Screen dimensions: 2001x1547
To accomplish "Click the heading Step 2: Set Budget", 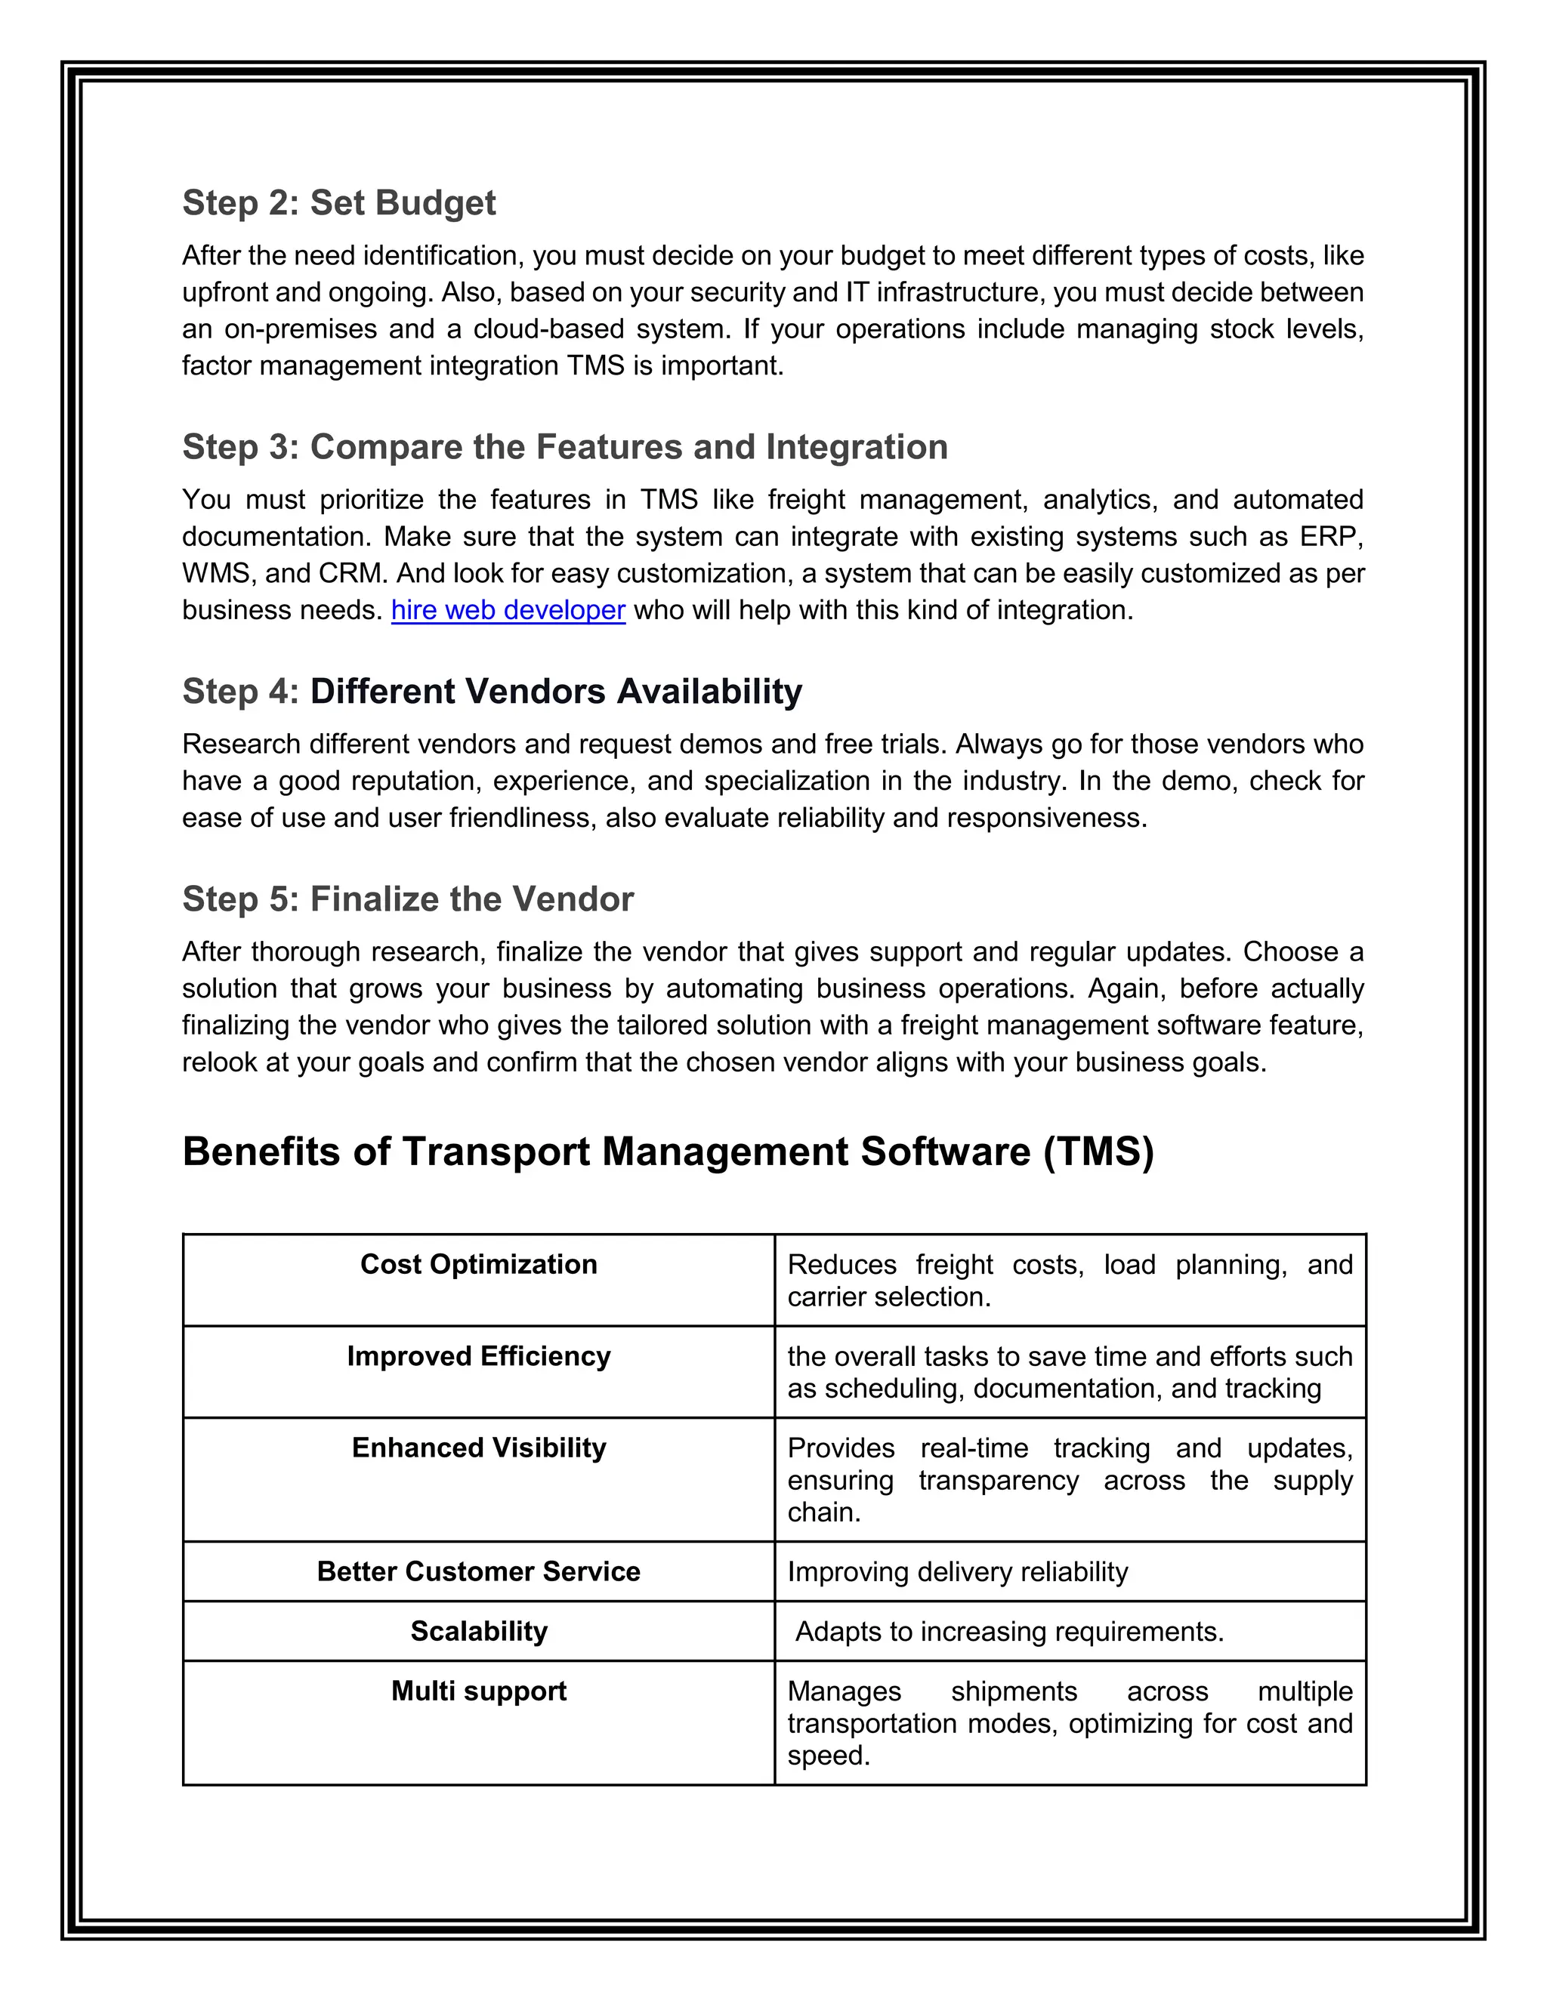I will tap(338, 202).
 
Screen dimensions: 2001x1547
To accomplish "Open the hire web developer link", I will tap(508, 610).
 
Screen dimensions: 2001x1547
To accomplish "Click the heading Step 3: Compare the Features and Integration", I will tap(564, 447).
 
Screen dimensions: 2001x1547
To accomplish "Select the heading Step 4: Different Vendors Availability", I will tap(493, 691).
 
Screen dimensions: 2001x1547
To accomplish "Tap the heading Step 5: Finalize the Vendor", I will tap(408, 899).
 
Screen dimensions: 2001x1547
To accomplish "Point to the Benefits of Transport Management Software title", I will tap(667, 1152).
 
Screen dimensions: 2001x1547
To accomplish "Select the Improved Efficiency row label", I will tap(478, 1356).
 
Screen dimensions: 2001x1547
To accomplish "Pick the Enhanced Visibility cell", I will tap(478, 1448).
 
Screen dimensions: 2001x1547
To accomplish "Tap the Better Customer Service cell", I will tap(478, 1571).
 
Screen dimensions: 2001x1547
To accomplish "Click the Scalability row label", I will tap(478, 1631).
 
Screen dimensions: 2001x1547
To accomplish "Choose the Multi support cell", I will tap(478, 1691).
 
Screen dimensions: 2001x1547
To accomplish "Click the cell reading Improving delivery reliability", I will tap(958, 1572).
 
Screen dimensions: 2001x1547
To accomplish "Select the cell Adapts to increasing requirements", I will tap(1009, 1632).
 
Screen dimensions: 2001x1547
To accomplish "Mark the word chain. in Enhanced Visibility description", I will tap(824, 1512).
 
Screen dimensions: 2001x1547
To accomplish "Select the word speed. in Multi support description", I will tap(829, 1756).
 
